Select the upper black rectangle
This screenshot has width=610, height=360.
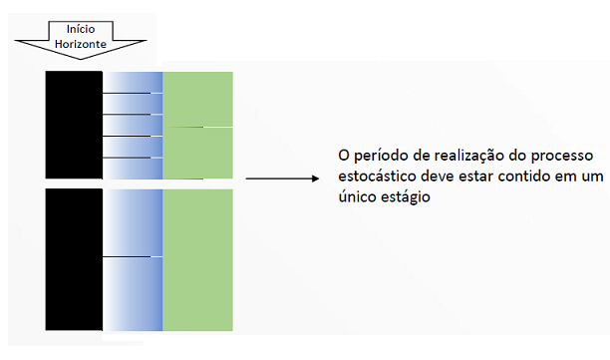74,125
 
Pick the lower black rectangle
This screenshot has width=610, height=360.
74,259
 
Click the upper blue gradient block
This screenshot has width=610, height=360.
133,125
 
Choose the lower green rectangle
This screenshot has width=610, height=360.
197,259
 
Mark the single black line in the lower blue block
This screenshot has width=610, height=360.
133,257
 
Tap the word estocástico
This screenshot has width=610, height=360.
378,180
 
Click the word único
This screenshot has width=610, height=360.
358,199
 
